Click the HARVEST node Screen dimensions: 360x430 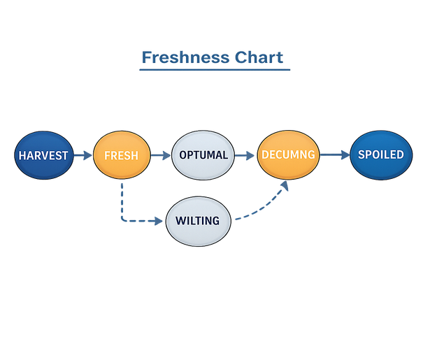43,154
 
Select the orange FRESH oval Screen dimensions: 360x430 121,154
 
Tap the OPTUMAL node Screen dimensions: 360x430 203,154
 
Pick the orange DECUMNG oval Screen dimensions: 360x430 288,154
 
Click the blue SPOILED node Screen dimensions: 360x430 380,154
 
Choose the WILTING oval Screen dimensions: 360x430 198,221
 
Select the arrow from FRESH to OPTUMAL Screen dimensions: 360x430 161,155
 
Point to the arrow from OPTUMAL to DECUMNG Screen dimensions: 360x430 244,155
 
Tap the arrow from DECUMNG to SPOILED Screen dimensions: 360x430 334,155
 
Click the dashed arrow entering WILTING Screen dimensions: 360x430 150,221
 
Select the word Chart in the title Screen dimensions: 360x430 259,57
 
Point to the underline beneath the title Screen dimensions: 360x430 215,69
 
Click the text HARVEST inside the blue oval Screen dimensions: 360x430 43,154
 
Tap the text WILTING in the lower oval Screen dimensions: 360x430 198,221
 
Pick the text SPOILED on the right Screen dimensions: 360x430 380,154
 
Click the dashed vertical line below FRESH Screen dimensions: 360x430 122,199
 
